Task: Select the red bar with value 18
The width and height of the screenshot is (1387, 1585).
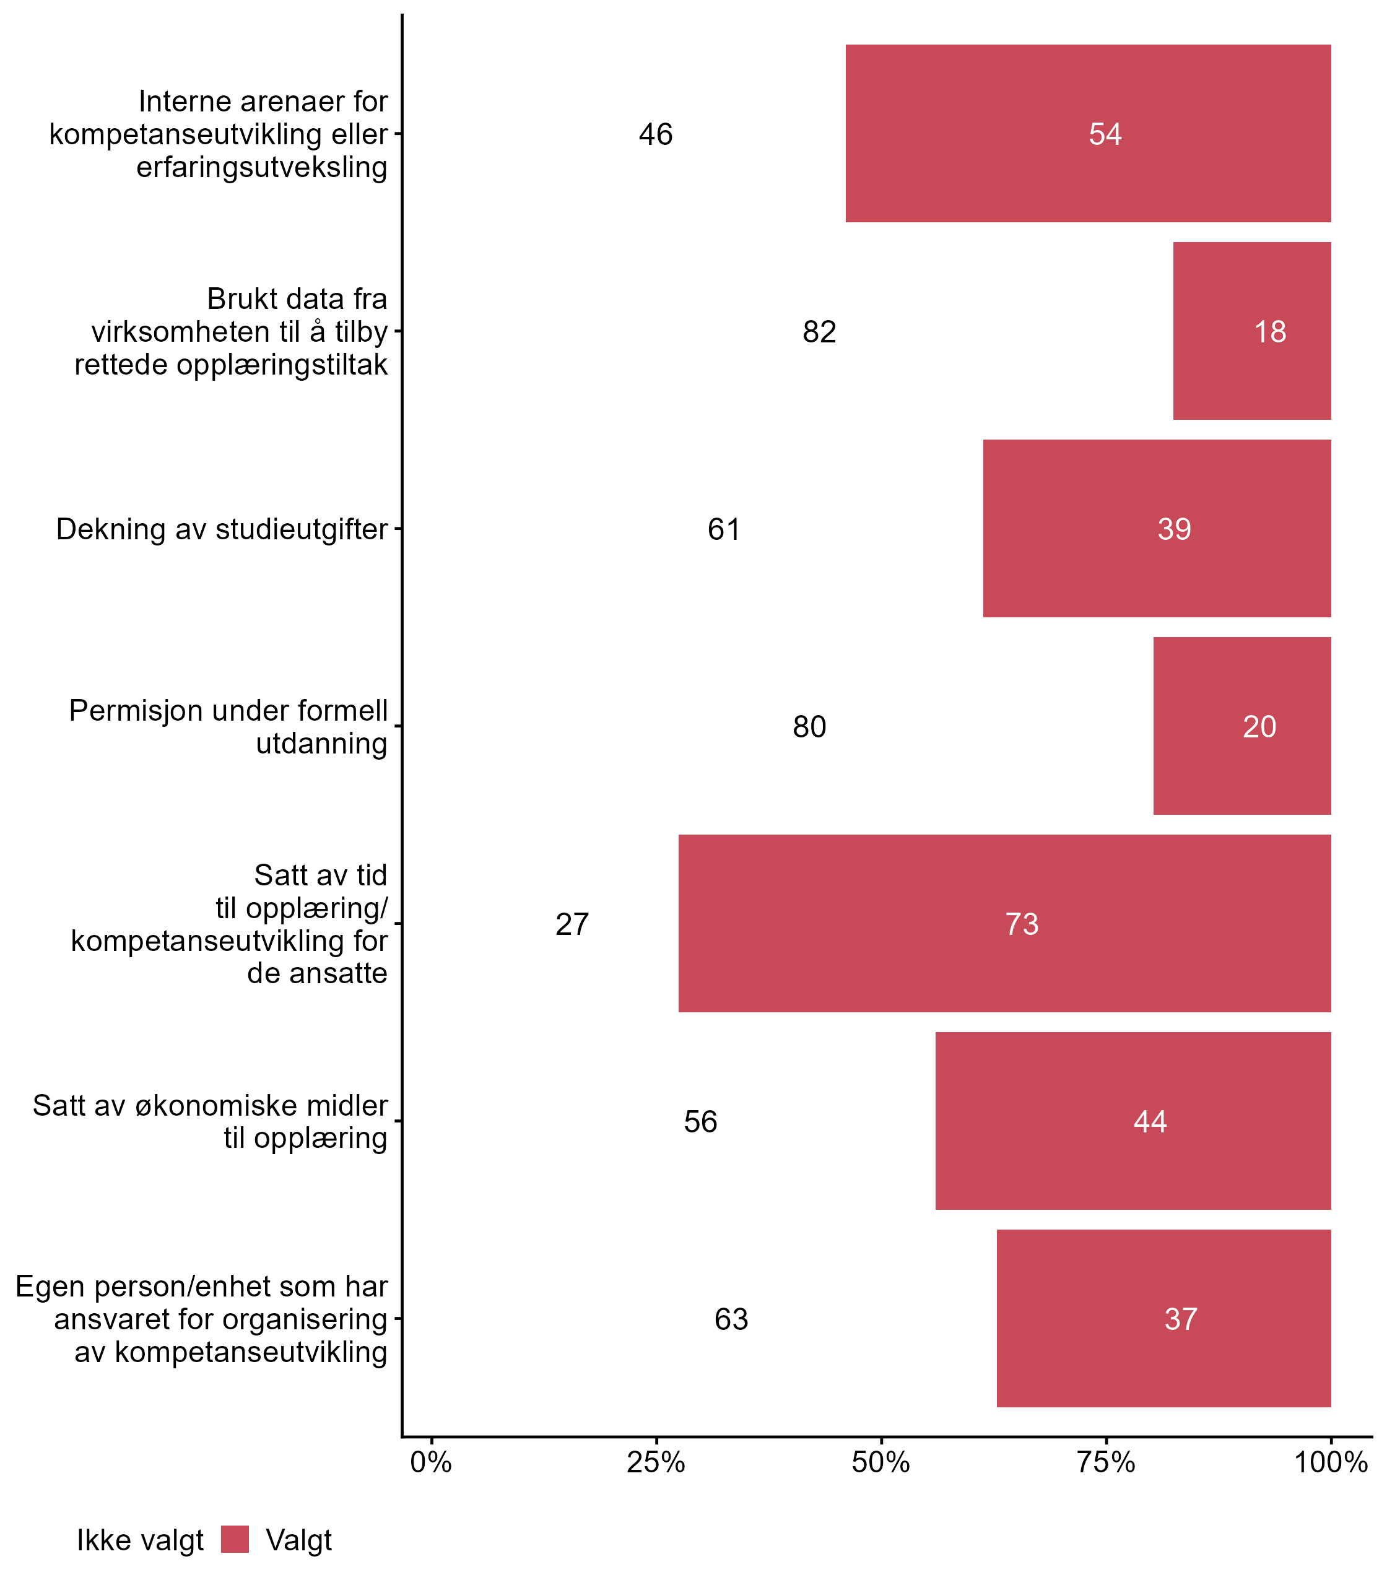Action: click(x=1251, y=331)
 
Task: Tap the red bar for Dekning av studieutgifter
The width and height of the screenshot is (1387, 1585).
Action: click(x=1157, y=529)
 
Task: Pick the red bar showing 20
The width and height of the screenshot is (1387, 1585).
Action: click(x=1241, y=726)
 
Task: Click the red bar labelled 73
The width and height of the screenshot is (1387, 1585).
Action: click(x=1004, y=923)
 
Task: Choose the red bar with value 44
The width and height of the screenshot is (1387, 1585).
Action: click(x=1133, y=1121)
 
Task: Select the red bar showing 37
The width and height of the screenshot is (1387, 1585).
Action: click(x=1163, y=1318)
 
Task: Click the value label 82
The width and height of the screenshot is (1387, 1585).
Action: click(x=819, y=332)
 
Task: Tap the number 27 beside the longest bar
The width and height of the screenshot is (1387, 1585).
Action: click(x=572, y=924)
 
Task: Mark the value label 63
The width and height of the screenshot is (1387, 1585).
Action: click(x=731, y=1319)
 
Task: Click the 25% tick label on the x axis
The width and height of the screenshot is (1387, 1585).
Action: click(x=656, y=1462)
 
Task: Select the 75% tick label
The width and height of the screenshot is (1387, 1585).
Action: click(x=1106, y=1462)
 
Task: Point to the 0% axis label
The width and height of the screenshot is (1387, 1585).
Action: click(x=431, y=1462)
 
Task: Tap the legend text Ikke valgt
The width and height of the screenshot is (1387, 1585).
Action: click(x=140, y=1541)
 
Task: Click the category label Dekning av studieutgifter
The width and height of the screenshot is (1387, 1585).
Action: click(x=222, y=529)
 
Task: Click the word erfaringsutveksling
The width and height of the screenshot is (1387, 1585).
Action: click(x=261, y=167)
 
